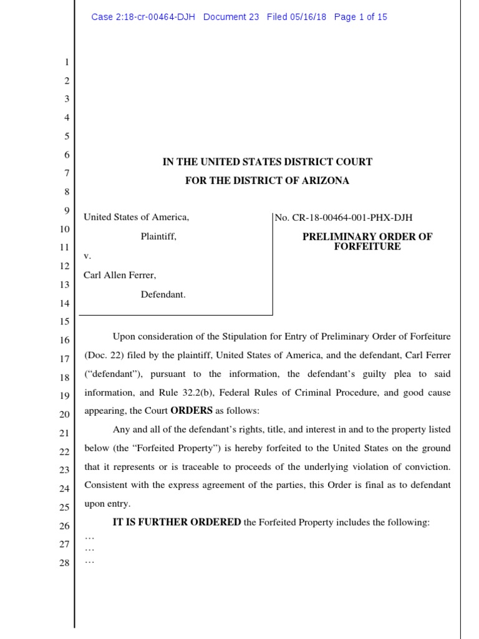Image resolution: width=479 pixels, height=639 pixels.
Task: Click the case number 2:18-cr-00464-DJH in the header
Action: tap(143, 17)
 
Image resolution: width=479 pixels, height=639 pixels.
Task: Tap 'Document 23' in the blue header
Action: tap(231, 17)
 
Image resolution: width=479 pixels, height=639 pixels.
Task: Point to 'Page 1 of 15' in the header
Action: tap(360, 17)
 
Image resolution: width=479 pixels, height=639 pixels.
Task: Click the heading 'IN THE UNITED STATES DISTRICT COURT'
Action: tap(268, 162)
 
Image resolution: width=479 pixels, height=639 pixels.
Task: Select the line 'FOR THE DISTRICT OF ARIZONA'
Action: tap(268, 181)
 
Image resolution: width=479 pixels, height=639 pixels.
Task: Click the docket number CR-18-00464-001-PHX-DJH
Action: tap(351, 218)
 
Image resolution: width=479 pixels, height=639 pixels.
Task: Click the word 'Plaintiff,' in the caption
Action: tap(158, 237)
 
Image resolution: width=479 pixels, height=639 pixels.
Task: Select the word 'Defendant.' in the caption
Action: tap(163, 295)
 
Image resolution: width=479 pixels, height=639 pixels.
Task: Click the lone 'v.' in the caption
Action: tap(87, 256)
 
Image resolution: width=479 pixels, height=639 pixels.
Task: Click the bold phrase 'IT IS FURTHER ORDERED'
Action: tap(177, 522)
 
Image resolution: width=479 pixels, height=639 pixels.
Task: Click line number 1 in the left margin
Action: tap(67, 62)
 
